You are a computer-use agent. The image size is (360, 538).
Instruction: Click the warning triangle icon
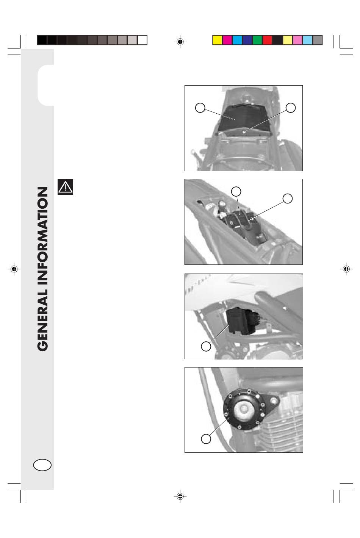[x=65, y=187]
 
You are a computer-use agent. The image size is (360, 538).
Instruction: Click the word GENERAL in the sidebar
[x=43, y=320]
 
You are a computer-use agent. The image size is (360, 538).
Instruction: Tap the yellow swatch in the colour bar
[x=218, y=40]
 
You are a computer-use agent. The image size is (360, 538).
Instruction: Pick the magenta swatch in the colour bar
[x=227, y=40]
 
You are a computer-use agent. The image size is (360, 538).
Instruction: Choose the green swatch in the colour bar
[x=257, y=40]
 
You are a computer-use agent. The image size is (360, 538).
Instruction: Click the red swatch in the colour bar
[x=267, y=40]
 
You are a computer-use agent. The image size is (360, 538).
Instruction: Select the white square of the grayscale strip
[x=142, y=40]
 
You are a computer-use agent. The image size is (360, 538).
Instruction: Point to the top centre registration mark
[x=180, y=42]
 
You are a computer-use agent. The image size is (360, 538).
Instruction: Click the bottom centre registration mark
[x=180, y=496]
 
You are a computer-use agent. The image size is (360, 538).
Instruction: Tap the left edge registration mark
[x=14, y=269]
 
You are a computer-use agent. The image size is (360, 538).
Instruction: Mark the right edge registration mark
[x=346, y=269]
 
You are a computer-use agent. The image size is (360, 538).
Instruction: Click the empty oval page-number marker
[x=42, y=465]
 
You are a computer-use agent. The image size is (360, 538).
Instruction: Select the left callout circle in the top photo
[x=200, y=108]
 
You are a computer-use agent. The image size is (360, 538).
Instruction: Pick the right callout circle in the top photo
[x=291, y=108]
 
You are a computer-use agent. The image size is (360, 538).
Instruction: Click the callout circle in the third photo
[x=206, y=346]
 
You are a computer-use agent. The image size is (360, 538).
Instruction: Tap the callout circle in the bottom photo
[x=206, y=439]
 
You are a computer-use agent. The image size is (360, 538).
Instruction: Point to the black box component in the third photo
[x=238, y=321]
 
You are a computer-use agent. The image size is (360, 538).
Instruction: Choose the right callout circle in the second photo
[x=288, y=199]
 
